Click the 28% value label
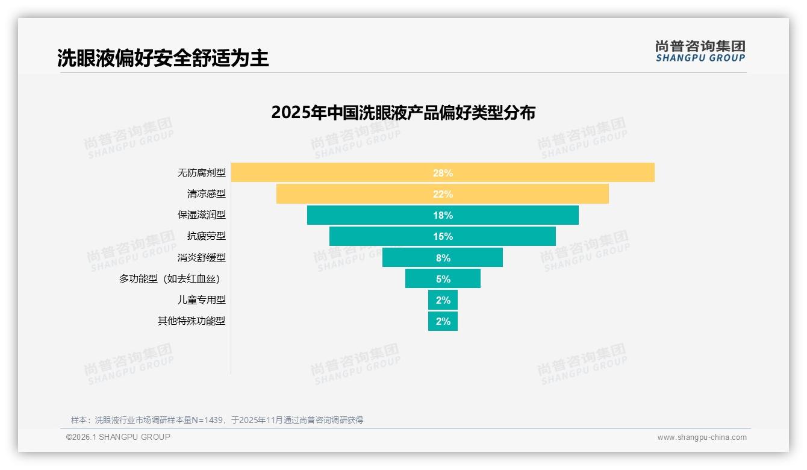click(x=443, y=173)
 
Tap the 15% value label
click(x=443, y=236)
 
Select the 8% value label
click(x=443, y=258)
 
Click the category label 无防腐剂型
click(x=201, y=173)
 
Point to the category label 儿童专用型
click(x=201, y=299)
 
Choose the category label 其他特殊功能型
click(x=192, y=321)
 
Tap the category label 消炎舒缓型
click(x=201, y=257)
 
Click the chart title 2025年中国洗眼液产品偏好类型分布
click(x=403, y=113)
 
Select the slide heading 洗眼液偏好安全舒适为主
click(x=163, y=58)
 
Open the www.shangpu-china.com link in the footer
click(x=702, y=437)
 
